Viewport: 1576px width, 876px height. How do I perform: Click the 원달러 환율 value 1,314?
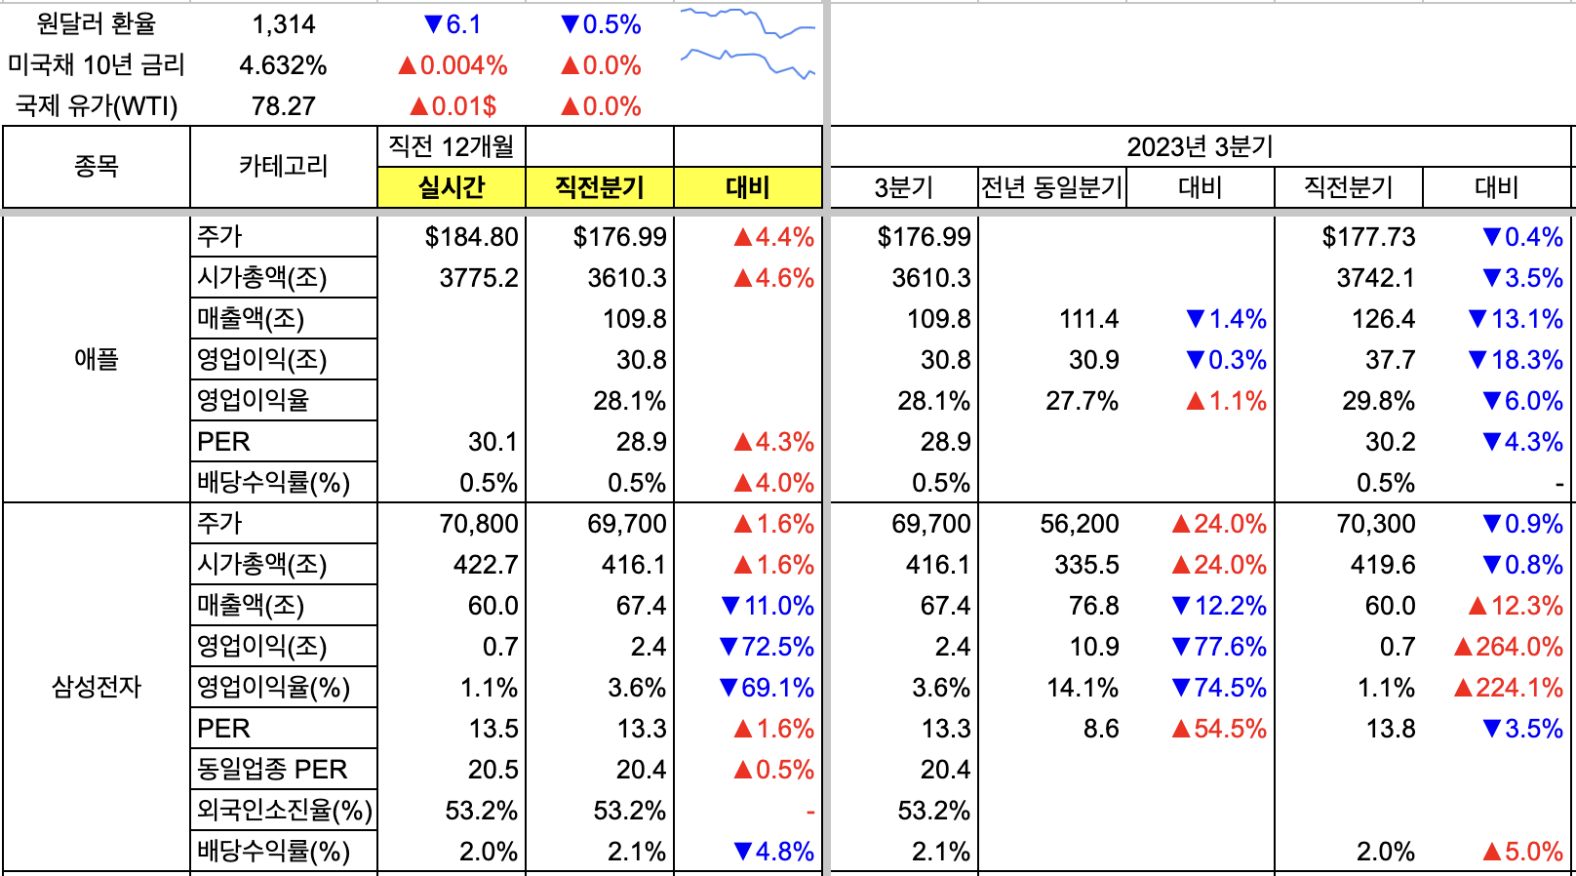tap(284, 24)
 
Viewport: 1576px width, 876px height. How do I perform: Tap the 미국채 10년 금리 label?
tap(96, 65)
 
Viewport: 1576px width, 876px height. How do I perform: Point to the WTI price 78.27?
tap(284, 106)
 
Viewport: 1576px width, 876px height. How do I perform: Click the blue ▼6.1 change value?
tap(453, 24)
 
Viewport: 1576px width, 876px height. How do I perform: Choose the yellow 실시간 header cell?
tap(452, 187)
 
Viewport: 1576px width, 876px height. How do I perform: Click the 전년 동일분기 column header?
tap(1052, 187)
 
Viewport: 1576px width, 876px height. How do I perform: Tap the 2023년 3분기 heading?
tap(1200, 147)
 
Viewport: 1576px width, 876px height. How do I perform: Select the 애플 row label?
tap(96, 360)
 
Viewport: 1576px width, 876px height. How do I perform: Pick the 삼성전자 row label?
tap(96, 688)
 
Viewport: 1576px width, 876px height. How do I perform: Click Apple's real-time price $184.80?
tap(471, 237)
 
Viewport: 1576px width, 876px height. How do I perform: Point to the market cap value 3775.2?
tap(478, 278)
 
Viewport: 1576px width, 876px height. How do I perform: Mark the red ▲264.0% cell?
tap(1508, 647)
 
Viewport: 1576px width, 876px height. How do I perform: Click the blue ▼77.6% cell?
tap(1219, 647)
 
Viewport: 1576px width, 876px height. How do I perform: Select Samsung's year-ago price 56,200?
tap(1079, 524)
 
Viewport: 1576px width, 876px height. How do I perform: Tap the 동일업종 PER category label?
tap(272, 770)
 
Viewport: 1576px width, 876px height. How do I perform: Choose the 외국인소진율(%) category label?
tap(284, 811)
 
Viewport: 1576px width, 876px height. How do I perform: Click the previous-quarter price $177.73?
tap(1368, 237)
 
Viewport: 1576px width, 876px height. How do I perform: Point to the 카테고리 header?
tap(284, 167)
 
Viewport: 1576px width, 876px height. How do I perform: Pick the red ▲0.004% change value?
tap(453, 65)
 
